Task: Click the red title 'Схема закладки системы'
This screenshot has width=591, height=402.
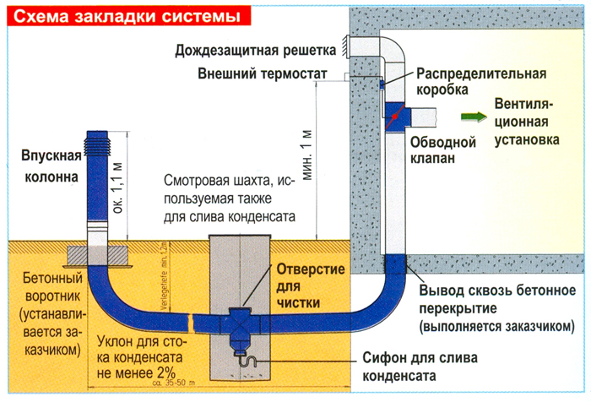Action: (x=126, y=15)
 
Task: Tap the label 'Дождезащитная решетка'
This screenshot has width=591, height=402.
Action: (x=257, y=50)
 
